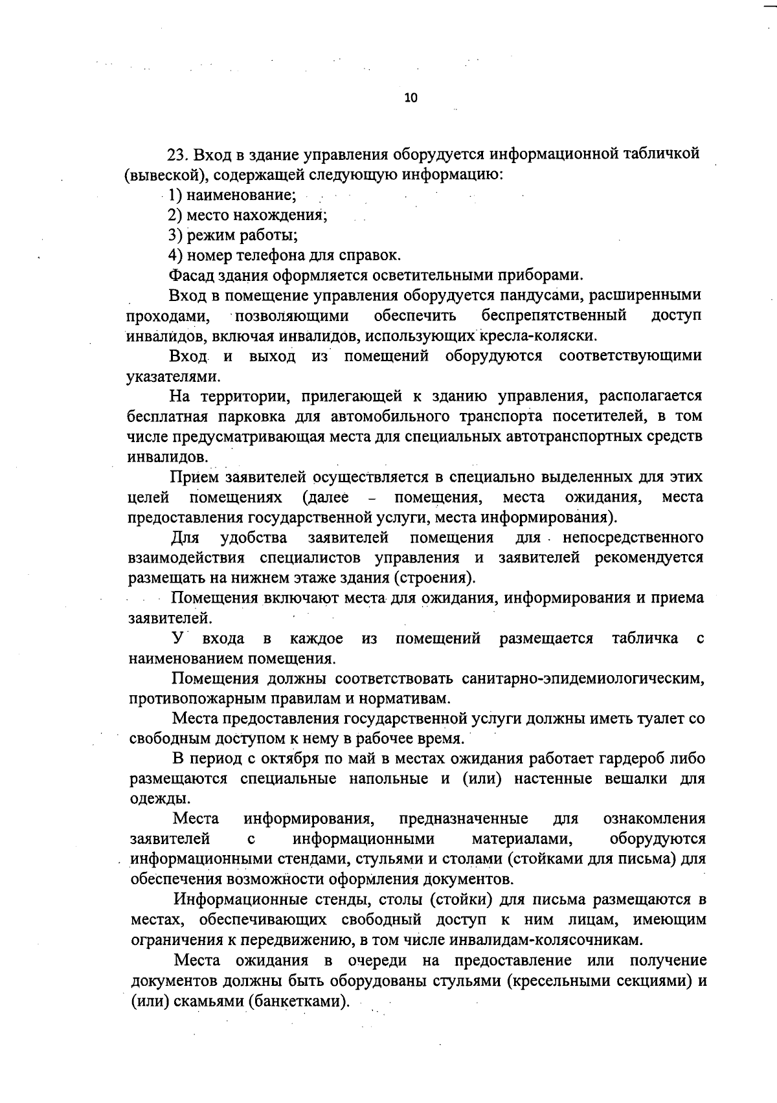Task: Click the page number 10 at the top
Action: click(x=411, y=98)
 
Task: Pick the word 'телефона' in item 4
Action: click(x=257, y=255)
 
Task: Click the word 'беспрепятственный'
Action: click(x=554, y=316)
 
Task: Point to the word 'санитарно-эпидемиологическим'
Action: click(x=583, y=678)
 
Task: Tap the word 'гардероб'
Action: click(x=627, y=759)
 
